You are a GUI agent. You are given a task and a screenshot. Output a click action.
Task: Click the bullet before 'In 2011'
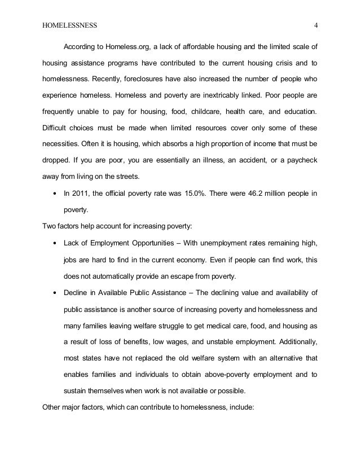[x=54, y=194]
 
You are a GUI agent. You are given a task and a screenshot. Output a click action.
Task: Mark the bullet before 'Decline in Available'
[x=54, y=292]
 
